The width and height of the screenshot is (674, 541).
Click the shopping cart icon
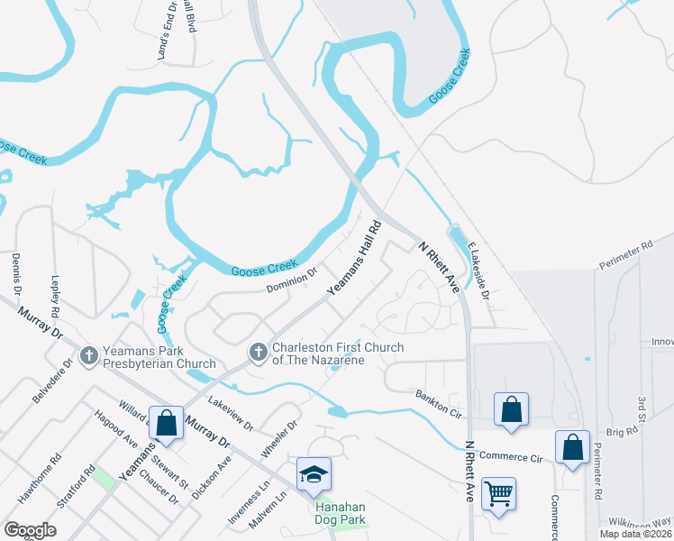(497, 493)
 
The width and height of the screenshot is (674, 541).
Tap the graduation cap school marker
(314, 473)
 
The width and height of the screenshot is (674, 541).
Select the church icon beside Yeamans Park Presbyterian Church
(88, 356)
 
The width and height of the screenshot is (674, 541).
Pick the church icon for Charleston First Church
(258, 353)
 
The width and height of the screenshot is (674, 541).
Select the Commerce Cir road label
(510, 458)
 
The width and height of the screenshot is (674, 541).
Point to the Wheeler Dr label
(280, 437)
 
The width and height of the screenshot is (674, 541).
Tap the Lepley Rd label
(55, 294)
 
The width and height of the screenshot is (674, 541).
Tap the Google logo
(30, 530)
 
